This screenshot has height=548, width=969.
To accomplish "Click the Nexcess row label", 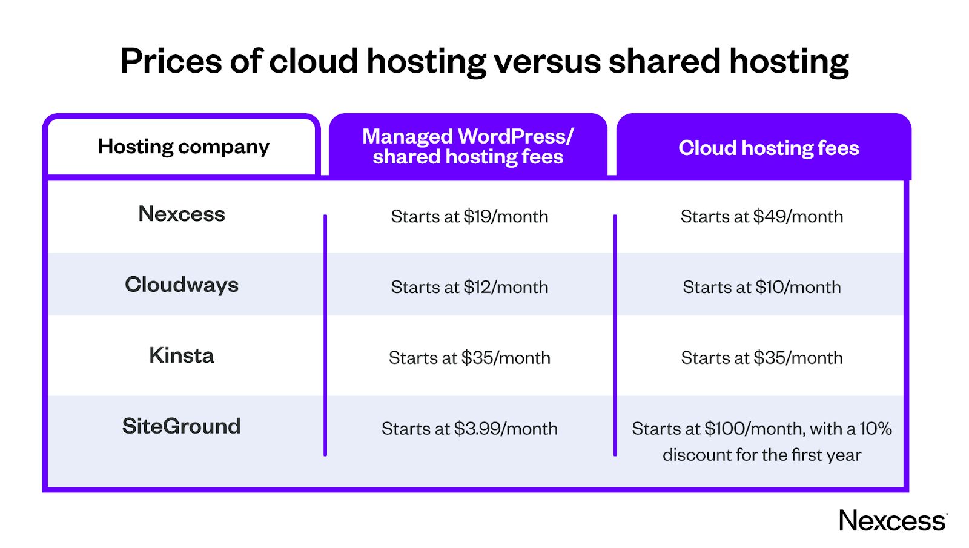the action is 182,214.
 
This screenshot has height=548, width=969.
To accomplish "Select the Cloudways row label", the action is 182,285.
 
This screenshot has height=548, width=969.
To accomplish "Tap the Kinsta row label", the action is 182,355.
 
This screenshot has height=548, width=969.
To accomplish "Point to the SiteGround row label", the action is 182,426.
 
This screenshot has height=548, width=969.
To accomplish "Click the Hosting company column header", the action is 184,147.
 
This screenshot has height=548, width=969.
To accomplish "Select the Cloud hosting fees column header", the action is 769,148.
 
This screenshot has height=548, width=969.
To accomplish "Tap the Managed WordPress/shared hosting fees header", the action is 468,147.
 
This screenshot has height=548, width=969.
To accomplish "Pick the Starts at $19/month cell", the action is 469,216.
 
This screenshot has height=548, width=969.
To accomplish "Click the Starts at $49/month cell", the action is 761,216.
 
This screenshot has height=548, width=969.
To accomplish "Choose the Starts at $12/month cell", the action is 469,287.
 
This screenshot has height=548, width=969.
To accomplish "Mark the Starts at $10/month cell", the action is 761,287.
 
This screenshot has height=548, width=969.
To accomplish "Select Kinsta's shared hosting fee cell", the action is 469,358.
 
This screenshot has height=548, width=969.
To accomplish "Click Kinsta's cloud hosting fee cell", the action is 761,358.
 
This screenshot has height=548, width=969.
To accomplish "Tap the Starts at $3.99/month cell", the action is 469,429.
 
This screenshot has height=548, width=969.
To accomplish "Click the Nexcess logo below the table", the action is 892,521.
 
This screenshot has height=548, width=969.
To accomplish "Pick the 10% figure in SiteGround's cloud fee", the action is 876,429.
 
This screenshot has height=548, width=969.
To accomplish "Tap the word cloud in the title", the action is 314,61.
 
